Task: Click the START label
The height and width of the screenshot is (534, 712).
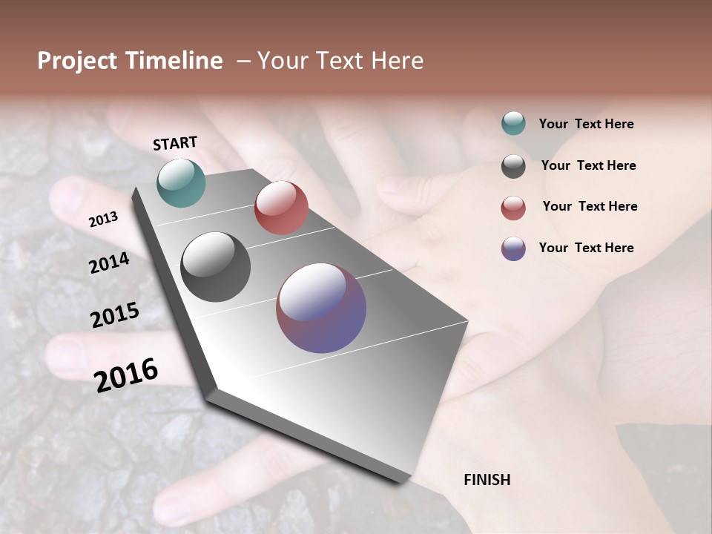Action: tap(175, 143)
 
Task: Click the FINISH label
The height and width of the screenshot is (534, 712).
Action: tap(487, 480)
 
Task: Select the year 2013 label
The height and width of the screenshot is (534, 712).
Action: tap(103, 219)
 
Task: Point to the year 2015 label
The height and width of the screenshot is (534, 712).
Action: tap(115, 315)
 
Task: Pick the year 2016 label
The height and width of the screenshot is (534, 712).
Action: tap(126, 375)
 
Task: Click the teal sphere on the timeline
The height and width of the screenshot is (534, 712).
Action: tap(181, 182)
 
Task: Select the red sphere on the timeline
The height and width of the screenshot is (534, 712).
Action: tap(281, 208)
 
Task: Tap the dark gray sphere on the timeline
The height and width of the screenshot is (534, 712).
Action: tap(215, 267)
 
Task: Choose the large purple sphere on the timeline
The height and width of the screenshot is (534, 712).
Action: tap(321, 308)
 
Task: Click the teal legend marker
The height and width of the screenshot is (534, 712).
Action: tap(513, 123)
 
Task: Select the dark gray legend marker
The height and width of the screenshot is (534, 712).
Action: tap(513, 165)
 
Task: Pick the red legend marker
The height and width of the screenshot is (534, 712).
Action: tap(513, 207)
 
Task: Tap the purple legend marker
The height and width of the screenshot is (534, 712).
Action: tap(513, 248)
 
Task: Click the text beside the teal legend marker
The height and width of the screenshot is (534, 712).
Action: tap(586, 124)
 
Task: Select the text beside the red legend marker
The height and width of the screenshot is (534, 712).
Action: tap(590, 206)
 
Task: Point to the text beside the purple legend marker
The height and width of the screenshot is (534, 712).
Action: tap(586, 248)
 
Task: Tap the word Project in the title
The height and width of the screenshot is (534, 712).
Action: tap(76, 61)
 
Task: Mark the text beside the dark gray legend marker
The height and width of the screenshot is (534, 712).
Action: tap(588, 165)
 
